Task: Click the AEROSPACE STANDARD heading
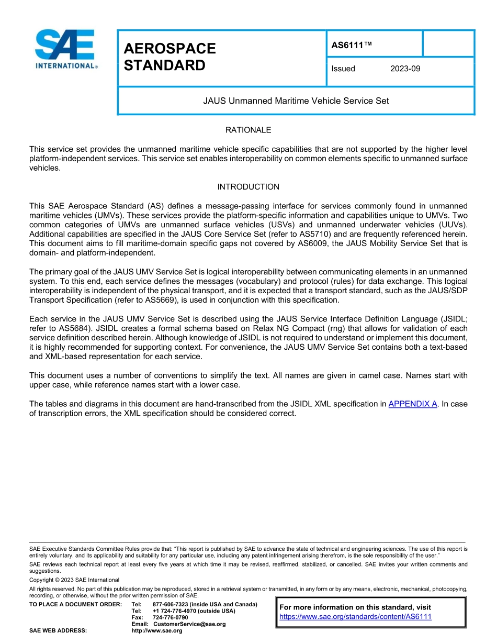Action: coord(170,57)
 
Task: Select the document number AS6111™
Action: coord(351,46)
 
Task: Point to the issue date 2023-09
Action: coord(405,69)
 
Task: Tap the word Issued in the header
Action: coord(343,69)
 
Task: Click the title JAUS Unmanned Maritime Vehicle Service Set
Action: coord(296,101)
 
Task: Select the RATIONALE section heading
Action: coord(248,130)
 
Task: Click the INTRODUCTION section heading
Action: coord(248,187)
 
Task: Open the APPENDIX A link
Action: coord(412,404)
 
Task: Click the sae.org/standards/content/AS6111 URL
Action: coord(355,617)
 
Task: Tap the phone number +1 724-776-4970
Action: coord(176,611)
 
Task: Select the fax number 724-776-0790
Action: coord(170,617)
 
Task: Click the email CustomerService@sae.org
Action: coord(189,624)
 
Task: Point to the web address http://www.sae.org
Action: coord(157,630)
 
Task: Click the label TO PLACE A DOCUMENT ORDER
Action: coord(75,604)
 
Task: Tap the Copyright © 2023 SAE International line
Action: coord(74,580)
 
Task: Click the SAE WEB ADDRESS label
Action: coord(58,630)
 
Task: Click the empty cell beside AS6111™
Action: coord(448,43)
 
